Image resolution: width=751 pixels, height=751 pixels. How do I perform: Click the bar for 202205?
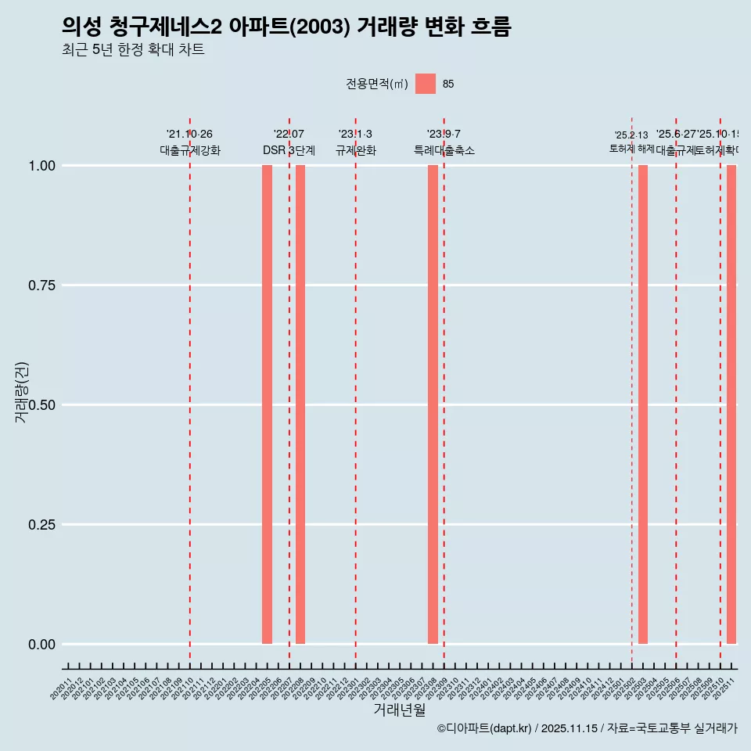point(267,404)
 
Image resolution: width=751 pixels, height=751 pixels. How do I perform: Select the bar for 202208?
point(300,404)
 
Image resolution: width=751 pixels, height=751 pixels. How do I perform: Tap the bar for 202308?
point(433,404)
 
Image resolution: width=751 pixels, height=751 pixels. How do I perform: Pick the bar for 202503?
point(643,404)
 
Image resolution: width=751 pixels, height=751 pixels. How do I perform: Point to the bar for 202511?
point(731,404)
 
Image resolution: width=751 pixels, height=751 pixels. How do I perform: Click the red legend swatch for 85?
point(425,84)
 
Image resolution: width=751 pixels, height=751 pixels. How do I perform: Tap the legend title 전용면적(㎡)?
point(377,84)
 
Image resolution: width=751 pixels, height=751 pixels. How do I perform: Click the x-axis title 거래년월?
point(400,710)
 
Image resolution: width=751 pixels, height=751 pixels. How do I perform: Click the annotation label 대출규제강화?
point(190,150)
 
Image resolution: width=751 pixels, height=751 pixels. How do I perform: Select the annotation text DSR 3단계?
point(289,150)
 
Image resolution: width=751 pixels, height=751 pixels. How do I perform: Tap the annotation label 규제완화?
point(356,150)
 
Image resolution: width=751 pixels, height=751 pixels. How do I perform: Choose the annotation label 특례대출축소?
point(444,150)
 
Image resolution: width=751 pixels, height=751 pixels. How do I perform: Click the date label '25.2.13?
point(631,135)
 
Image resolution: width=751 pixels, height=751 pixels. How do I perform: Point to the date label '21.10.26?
point(189,135)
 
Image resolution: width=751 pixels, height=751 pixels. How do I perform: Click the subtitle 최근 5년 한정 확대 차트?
point(133,50)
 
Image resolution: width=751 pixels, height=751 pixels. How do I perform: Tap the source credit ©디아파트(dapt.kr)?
point(484,728)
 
